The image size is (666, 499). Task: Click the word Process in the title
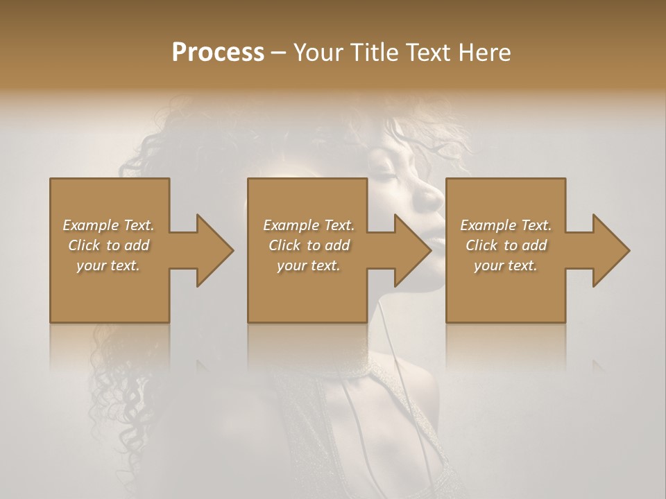pos(218,52)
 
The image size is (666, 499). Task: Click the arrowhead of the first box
pos(212,250)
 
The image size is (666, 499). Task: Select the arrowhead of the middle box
pos(410,250)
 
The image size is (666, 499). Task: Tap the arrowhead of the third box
pos(608,250)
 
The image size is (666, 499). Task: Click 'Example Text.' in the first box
pos(108,225)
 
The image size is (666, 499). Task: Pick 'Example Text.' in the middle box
pos(309,225)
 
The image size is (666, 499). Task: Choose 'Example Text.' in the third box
pos(506,225)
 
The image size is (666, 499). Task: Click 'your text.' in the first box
pos(108,265)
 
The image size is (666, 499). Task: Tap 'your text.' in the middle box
pos(309,265)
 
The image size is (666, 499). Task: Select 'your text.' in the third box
pos(506,265)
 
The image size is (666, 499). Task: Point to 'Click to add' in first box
pos(109,245)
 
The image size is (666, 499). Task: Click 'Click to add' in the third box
pos(506,245)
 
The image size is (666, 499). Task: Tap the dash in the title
pos(279,53)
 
